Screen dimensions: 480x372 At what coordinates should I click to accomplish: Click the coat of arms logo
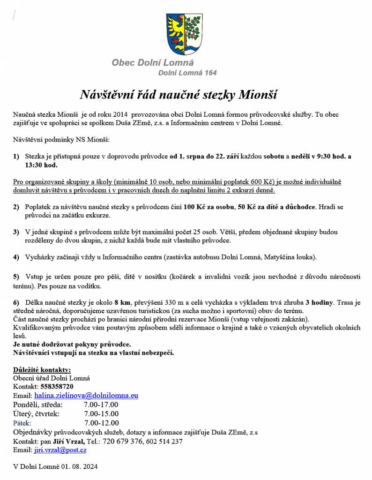click(x=184, y=34)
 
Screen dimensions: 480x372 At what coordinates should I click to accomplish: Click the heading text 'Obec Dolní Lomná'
click(x=152, y=62)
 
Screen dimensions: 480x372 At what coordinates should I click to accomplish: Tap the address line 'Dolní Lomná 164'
click(x=187, y=73)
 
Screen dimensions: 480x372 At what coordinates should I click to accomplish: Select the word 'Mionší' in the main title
click(x=258, y=95)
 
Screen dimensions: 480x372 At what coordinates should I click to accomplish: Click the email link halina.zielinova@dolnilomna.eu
click(x=86, y=396)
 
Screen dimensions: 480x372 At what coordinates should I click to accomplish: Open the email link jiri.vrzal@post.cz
click(x=60, y=450)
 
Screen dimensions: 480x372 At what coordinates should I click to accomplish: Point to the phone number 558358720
click(x=57, y=387)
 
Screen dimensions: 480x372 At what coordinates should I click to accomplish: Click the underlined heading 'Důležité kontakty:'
click(x=42, y=369)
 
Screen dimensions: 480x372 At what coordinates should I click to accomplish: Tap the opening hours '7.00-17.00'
click(x=101, y=405)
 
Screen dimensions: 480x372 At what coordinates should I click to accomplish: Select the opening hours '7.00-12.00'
click(x=101, y=423)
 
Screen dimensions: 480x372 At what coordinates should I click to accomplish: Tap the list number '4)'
click(x=16, y=257)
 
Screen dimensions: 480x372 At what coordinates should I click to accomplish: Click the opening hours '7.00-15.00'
click(x=101, y=413)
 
